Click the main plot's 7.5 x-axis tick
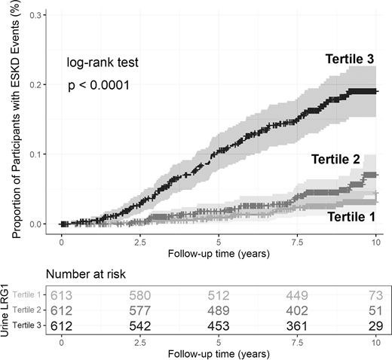coord(298,243)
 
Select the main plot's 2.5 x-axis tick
coord(139,243)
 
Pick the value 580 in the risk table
coord(139,294)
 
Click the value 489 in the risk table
coord(219,310)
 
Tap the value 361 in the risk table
coord(298,325)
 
